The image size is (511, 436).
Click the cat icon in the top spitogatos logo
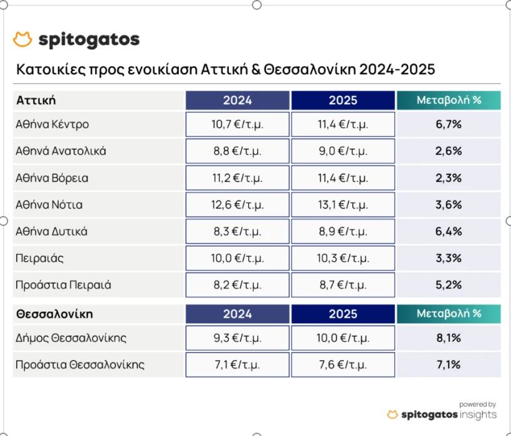click(x=22, y=40)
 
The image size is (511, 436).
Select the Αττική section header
click(x=36, y=100)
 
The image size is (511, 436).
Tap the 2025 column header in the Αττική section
click(x=343, y=100)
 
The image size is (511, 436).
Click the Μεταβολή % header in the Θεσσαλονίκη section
click(x=449, y=313)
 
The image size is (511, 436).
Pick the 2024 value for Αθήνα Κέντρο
click(x=237, y=124)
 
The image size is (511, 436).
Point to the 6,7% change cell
click(x=449, y=124)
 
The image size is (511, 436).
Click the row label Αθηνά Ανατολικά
click(x=60, y=151)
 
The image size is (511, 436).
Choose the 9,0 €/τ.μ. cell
click(x=343, y=151)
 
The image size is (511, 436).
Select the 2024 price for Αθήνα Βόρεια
click(x=237, y=178)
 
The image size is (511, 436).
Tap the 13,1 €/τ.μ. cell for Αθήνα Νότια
click(x=343, y=205)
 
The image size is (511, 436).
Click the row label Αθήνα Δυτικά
click(x=51, y=232)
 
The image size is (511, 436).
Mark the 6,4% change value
click(x=449, y=232)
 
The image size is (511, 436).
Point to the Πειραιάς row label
click(x=40, y=258)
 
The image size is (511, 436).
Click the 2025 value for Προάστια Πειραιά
click(x=343, y=285)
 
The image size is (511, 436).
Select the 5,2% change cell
click(x=449, y=285)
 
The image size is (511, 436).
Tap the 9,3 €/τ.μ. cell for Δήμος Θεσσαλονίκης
click(x=237, y=338)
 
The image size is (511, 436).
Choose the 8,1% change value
click(x=449, y=338)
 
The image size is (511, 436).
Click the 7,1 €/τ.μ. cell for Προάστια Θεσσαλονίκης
click(x=237, y=365)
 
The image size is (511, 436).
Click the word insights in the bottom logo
click(x=479, y=415)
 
